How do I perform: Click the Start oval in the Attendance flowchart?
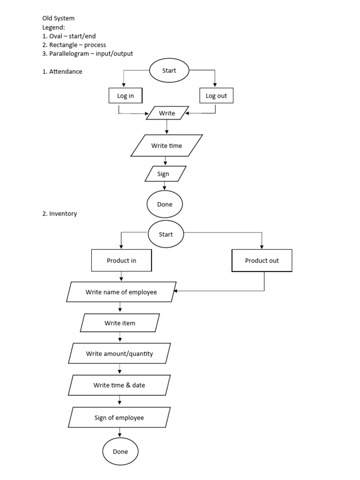pos(169,71)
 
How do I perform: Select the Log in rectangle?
pos(125,96)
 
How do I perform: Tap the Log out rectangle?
pos(216,96)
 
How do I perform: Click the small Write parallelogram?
pos(167,113)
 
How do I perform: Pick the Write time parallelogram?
pos(166,146)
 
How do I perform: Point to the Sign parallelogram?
pos(163,174)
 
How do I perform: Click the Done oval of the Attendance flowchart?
pos(165,204)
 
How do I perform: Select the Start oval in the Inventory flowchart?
pos(166,234)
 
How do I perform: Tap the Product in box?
pos(121,261)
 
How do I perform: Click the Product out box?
pos(262,261)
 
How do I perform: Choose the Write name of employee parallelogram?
pos(121,292)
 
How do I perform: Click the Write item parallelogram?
pos(120,323)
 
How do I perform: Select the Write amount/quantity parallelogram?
pos(120,353)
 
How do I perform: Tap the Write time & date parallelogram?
pos(119,385)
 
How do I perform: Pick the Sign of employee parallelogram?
pos(119,417)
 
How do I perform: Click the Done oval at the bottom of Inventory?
pos(120,452)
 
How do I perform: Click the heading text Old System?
pos(59,18)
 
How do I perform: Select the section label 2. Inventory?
pos(60,214)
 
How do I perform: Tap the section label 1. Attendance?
pos(62,72)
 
